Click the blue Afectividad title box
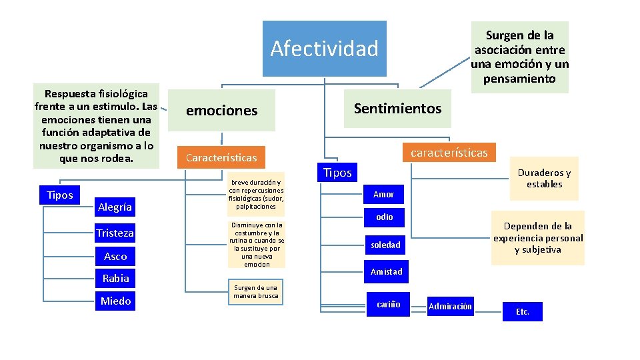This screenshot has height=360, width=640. point(325,49)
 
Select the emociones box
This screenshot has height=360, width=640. point(221,111)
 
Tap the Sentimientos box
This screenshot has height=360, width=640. point(397,109)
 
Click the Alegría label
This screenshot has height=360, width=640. point(115,207)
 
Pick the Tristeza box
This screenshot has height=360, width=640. point(115,233)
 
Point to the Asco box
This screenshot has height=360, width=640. point(115,256)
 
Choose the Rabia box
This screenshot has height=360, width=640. point(115,278)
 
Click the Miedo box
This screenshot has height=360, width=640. point(115,301)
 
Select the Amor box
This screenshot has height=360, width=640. point(383,195)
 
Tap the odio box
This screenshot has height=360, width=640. point(384,217)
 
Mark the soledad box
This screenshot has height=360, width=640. point(385,245)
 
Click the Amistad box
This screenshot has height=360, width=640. point(386,271)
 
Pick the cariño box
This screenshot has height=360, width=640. point(388,304)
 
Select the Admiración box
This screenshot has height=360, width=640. point(450,307)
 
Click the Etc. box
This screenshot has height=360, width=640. point(522,311)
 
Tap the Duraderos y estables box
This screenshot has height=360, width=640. point(544,179)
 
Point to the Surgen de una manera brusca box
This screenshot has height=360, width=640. point(256,292)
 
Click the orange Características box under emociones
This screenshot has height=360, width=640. point(221,158)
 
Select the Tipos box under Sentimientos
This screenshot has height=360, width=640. point(337,173)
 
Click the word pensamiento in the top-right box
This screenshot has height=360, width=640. point(519,79)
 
